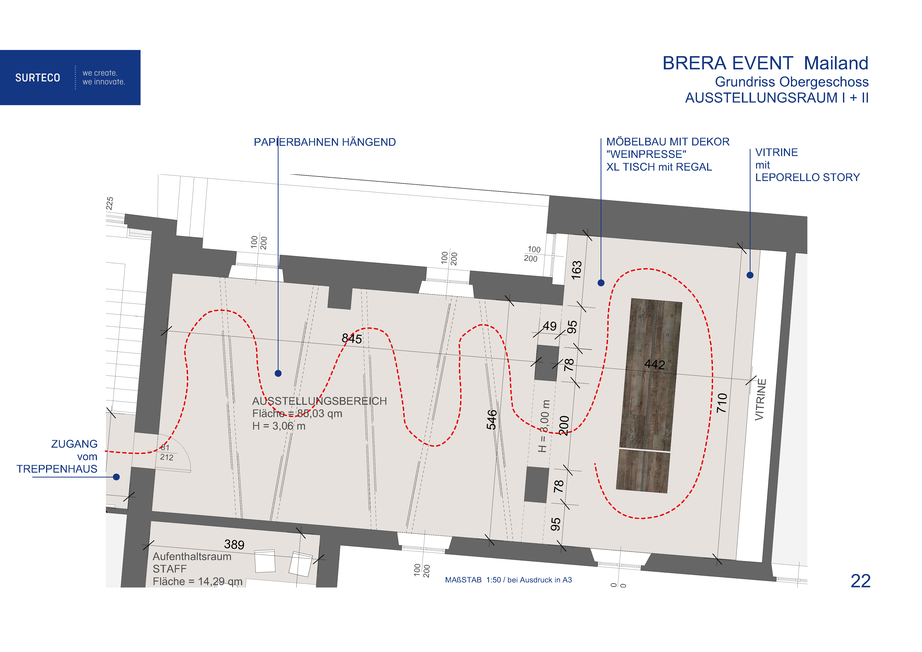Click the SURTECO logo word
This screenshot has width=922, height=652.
38,78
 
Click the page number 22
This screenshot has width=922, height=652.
860,581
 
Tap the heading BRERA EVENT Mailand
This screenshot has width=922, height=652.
765,63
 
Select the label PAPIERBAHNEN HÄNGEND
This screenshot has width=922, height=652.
325,142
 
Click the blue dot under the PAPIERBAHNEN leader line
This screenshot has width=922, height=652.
278,373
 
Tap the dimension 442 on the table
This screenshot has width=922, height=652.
654,364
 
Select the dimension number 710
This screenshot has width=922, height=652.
722,403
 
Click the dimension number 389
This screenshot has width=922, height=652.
234,544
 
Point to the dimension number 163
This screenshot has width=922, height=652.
577,270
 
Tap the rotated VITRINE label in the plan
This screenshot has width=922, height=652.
761,400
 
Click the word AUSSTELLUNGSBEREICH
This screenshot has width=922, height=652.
319,401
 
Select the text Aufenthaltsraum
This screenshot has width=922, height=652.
192,556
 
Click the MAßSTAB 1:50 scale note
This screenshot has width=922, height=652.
508,580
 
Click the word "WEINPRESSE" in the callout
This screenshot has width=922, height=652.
646,154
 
